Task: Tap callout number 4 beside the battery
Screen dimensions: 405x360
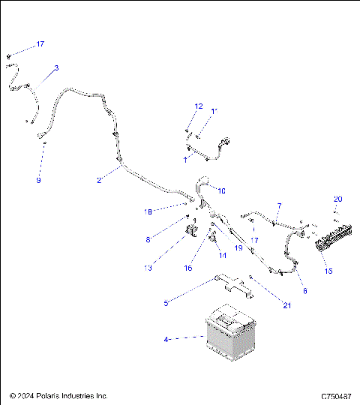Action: click(x=166, y=340)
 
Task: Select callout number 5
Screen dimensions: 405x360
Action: click(x=167, y=302)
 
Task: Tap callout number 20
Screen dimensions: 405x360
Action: click(x=337, y=199)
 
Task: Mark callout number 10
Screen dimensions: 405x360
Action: click(x=221, y=191)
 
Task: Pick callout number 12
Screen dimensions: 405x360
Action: click(x=199, y=106)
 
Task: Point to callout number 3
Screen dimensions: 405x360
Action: click(x=56, y=68)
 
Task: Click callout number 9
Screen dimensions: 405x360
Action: click(x=39, y=181)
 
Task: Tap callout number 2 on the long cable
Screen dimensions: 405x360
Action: click(x=98, y=180)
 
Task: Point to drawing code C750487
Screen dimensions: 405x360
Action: click(x=337, y=395)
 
